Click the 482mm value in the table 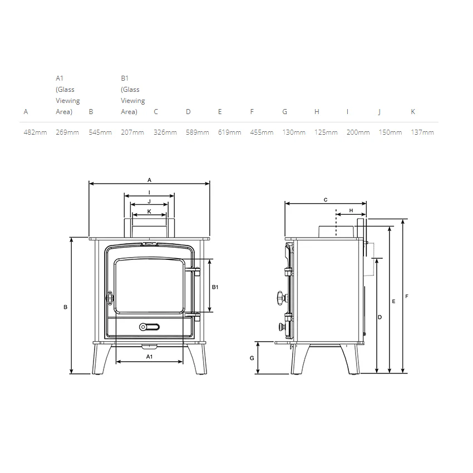35,132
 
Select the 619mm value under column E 230,132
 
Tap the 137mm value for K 422,132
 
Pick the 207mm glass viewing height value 132,132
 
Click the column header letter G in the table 284,112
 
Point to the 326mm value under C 165,132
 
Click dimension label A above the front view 149,180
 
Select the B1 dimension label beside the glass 215,287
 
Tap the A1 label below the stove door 149,357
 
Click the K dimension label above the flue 149,211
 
